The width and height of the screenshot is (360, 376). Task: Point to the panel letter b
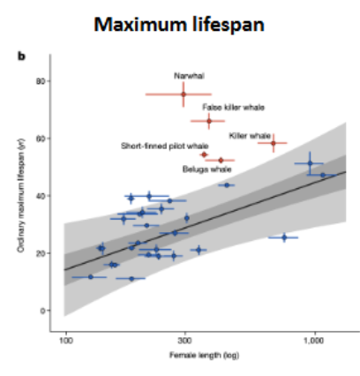coord(26,58)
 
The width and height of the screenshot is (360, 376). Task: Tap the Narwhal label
coord(183,75)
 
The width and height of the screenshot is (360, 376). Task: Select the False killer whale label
coord(233,107)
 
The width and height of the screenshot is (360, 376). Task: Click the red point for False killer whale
coord(209,121)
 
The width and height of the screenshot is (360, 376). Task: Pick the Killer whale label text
coord(250,135)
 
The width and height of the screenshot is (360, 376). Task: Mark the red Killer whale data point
coord(274,142)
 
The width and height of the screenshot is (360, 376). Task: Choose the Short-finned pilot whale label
coord(165,145)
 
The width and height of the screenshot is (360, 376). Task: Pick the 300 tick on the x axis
coord(185,341)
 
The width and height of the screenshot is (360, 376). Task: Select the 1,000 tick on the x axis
coord(314,341)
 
